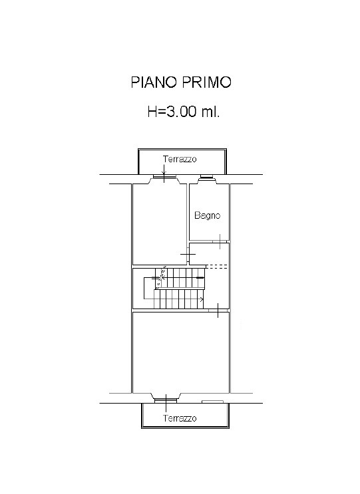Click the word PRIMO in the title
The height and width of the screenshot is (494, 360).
(x=207, y=82)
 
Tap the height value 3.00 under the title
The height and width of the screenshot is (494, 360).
(x=182, y=112)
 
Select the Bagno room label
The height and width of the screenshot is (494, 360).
(x=207, y=216)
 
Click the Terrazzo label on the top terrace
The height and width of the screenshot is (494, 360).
(x=180, y=159)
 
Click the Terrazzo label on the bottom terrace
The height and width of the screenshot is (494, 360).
(x=180, y=418)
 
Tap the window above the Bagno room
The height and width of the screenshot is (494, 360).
(x=207, y=178)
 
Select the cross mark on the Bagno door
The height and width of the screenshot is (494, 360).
(x=220, y=241)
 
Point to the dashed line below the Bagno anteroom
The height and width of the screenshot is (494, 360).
(x=218, y=267)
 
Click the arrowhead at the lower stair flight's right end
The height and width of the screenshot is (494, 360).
(x=202, y=299)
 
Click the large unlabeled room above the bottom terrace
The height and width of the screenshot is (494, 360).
(x=180, y=352)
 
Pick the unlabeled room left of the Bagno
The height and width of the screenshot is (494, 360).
(x=160, y=224)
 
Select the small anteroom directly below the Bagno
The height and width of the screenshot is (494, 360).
(x=209, y=254)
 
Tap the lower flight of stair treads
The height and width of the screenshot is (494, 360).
(x=179, y=299)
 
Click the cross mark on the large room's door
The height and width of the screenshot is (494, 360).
(x=218, y=310)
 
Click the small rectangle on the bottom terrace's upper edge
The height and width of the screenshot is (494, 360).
(x=213, y=402)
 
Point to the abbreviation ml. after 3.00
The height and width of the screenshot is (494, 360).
(x=210, y=112)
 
